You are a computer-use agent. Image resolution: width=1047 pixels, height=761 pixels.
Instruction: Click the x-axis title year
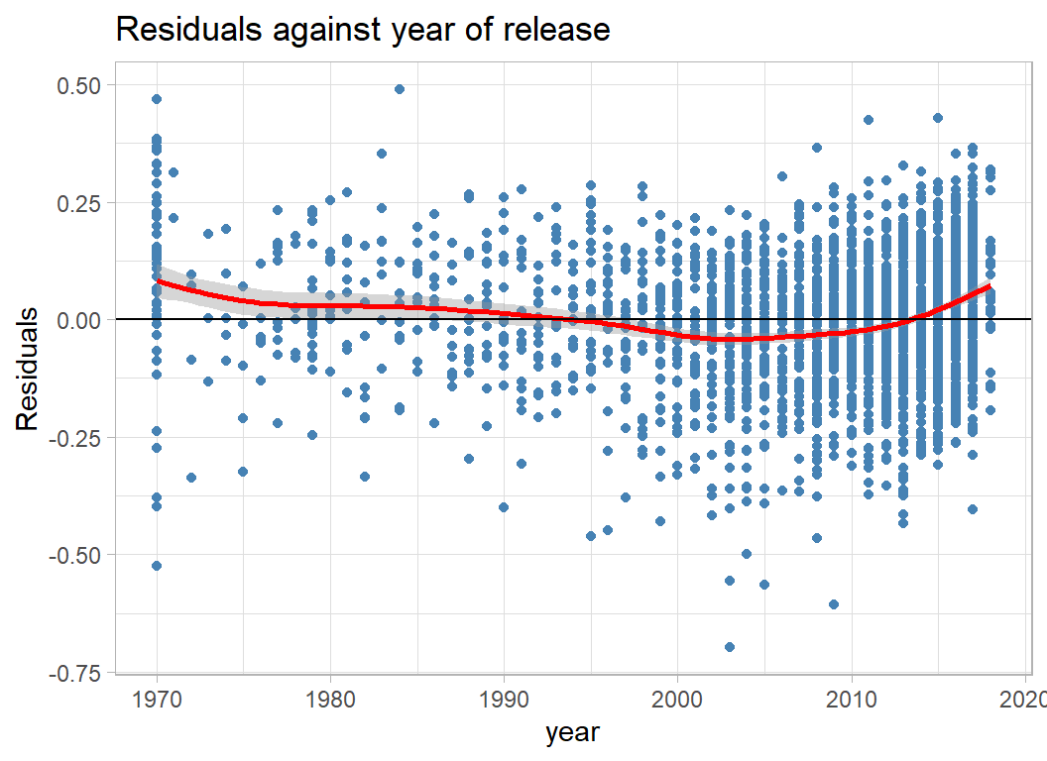[x=572, y=733]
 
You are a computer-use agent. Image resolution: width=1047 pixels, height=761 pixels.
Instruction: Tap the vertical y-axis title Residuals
[x=29, y=369]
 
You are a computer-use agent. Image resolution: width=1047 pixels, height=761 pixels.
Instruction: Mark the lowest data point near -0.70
[x=730, y=647]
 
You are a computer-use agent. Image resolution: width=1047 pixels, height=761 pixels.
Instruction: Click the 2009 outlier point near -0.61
[x=834, y=604]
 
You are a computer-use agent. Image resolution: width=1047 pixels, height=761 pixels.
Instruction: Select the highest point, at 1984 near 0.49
[x=400, y=89]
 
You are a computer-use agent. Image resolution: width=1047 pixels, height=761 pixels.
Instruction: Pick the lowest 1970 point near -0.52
[x=157, y=566]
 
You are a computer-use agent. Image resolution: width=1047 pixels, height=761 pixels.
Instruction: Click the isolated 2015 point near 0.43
[x=938, y=118]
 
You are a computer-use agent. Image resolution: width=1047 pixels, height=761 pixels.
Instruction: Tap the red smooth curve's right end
[x=989, y=287]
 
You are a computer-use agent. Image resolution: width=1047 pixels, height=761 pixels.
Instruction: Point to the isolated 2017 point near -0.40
[x=973, y=509]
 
